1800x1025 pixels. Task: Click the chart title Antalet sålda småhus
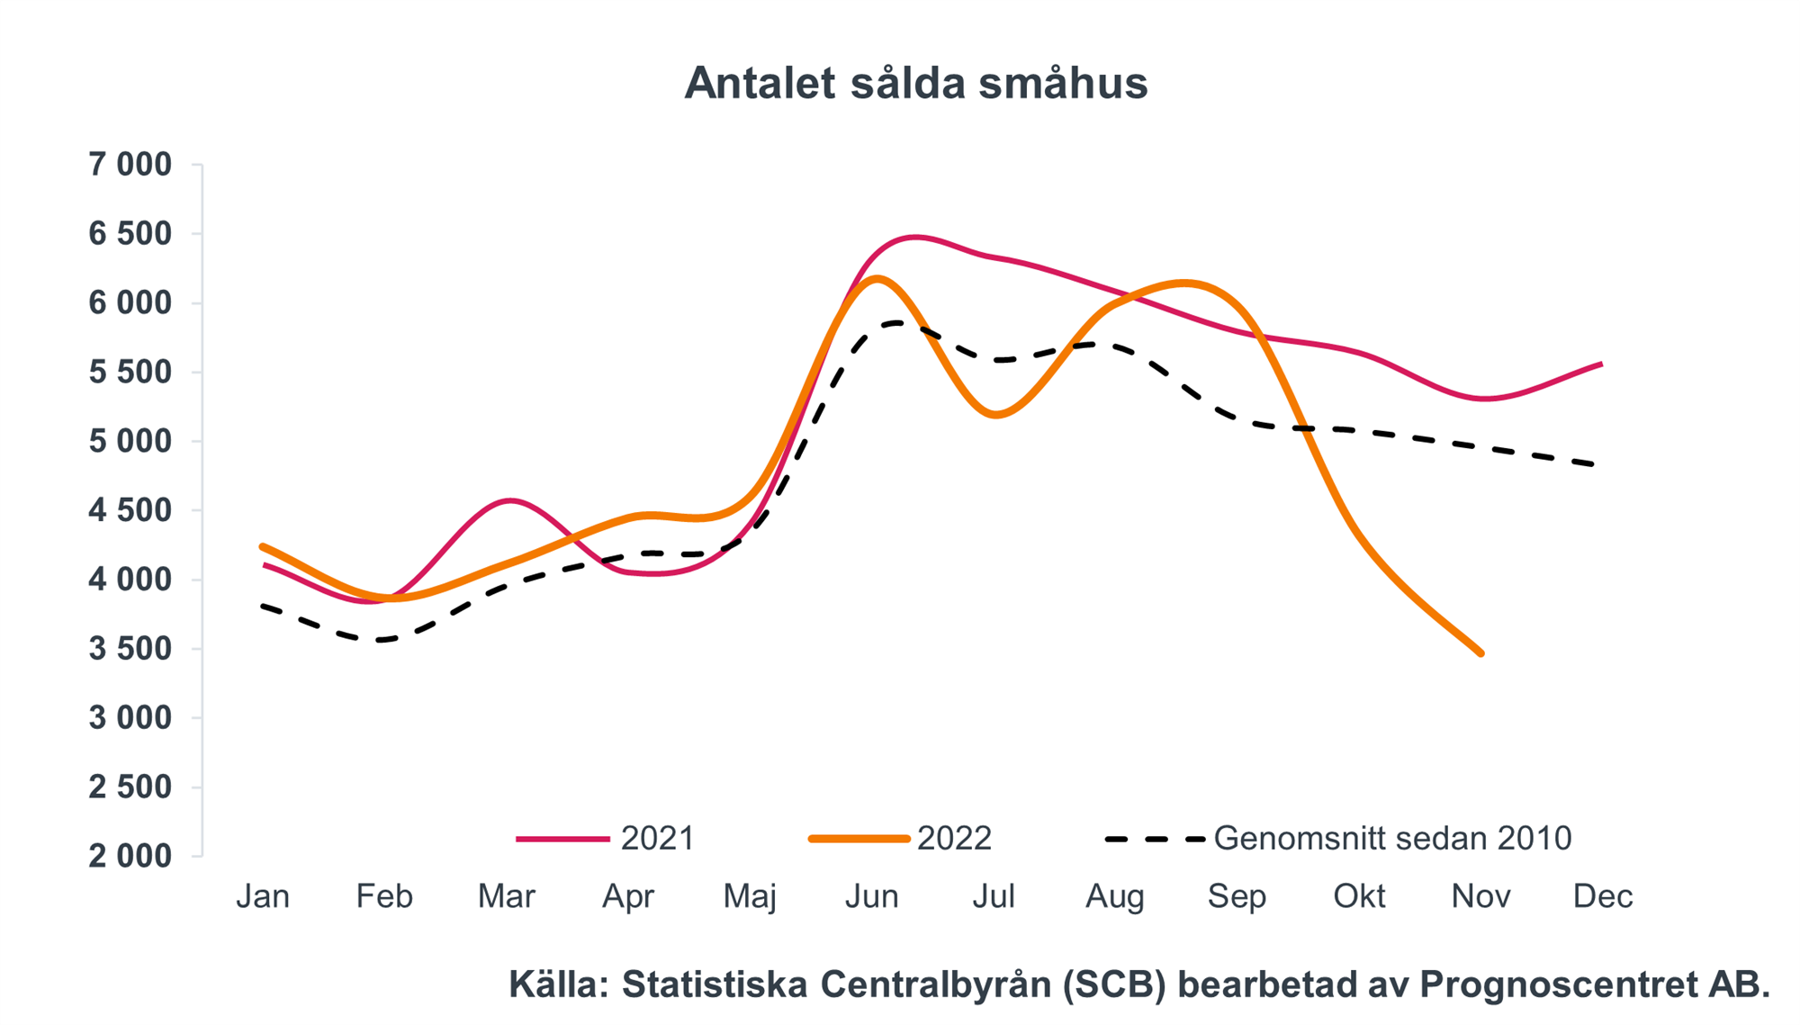[915, 84]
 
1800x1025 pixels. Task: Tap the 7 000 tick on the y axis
[130, 165]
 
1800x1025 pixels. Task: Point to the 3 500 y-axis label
[130, 649]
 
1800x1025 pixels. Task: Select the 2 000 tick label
[130, 856]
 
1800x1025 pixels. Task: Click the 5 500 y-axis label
[130, 373]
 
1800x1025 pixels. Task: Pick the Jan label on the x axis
[263, 896]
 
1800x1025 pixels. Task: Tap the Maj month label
[750, 896]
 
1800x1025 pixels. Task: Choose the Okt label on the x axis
[1359, 896]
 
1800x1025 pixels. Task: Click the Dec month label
[1602, 896]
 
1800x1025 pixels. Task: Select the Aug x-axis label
[1115, 896]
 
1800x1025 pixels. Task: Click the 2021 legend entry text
[658, 839]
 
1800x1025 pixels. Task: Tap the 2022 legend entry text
[954, 839]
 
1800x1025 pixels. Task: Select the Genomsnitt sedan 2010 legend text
[1392, 839]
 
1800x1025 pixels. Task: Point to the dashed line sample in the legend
[1155, 840]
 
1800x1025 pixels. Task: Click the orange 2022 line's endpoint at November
[1480, 653]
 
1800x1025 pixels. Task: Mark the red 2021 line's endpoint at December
[1601, 364]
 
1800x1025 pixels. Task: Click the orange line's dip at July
[994, 415]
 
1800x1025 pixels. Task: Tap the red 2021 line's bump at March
[510, 500]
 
